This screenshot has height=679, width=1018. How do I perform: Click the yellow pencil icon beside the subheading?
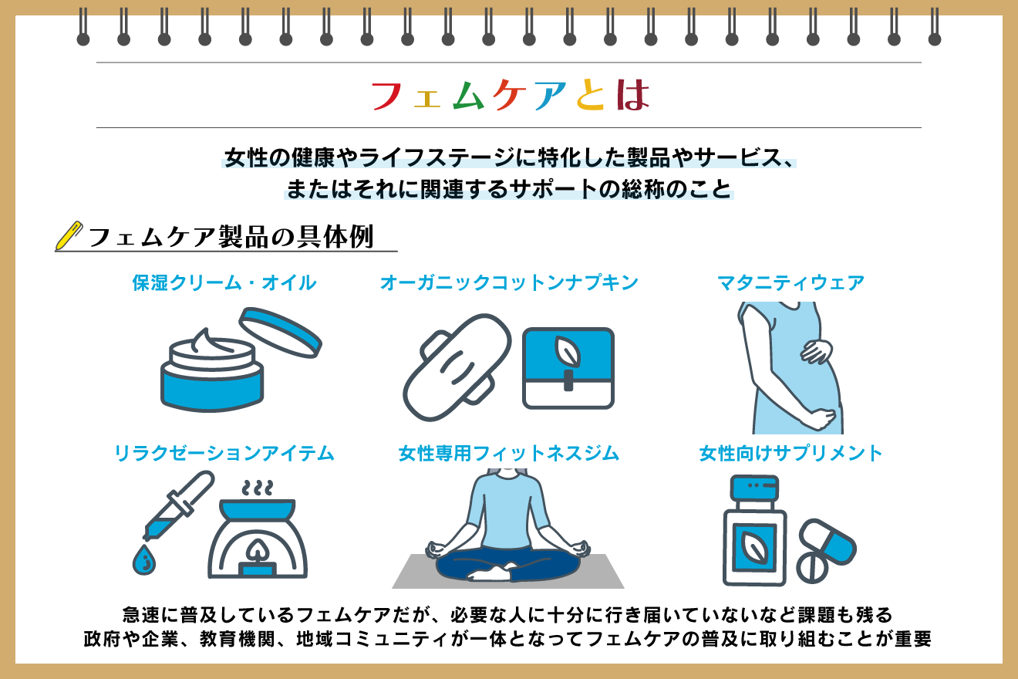[69, 236]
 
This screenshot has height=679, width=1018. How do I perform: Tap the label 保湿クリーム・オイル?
[224, 283]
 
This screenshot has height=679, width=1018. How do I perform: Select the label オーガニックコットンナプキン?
[509, 283]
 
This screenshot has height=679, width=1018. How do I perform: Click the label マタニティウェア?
[790, 283]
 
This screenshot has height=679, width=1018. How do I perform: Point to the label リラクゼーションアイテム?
[224, 454]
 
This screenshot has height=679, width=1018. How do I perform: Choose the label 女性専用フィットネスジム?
[509, 454]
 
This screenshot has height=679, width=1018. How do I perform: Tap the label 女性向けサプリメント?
[790, 454]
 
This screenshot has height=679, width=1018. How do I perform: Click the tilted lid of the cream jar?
[281, 332]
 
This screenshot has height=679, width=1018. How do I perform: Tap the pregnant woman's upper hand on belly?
[816, 352]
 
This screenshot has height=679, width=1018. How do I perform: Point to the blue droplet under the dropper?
[144, 560]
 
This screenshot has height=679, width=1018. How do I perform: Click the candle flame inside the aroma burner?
[258, 550]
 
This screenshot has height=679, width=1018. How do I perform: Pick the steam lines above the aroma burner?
[258, 487]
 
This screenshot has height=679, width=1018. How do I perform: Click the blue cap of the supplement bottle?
[754, 487]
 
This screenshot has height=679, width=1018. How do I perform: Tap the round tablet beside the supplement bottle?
[812, 568]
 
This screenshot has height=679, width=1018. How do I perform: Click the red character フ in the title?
[386, 96]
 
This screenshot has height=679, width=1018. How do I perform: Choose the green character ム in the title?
[468, 95]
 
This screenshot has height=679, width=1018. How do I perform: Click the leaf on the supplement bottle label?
[754, 548]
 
